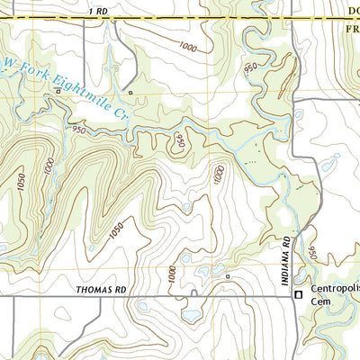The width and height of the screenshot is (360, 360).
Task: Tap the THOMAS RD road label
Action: click(x=102, y=290)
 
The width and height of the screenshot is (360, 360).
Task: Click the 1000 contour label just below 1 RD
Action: click(x=187, y=47)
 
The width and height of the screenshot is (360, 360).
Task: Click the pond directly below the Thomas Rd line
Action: click(x=192, y=315)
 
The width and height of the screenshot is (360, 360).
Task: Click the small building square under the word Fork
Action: click(x=130, y=92)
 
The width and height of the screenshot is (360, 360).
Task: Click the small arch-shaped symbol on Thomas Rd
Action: click(x=193, y=292)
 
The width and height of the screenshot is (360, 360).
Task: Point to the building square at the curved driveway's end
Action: click(x=229, y=276)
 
